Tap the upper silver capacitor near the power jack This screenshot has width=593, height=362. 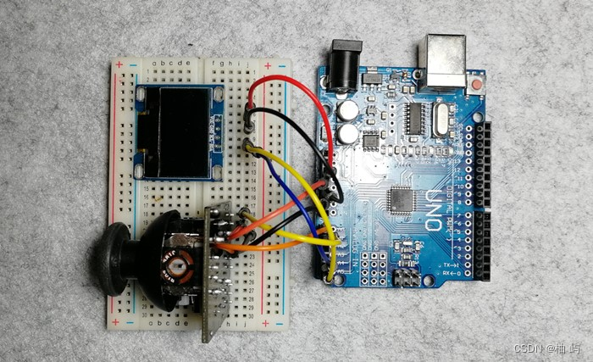[348, 111]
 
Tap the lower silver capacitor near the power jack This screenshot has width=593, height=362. [348, 134]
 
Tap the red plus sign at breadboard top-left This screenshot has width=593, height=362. [119, 64]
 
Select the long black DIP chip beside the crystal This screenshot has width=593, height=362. [416, 118]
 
